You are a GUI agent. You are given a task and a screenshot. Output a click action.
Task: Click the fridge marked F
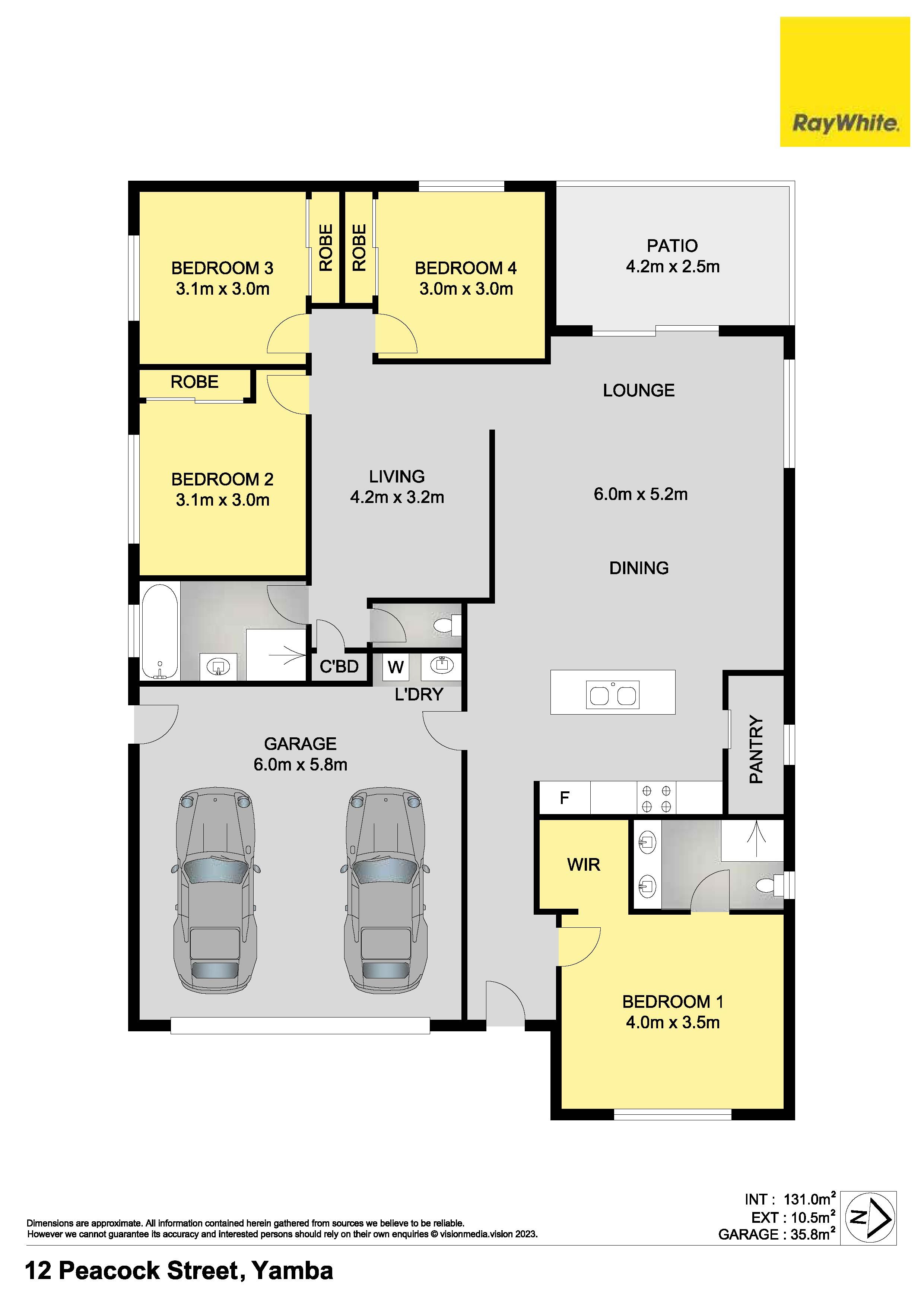pyautogui.click(x=564, y=798)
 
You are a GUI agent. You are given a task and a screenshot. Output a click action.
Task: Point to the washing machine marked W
pyautogui.click(x=396, y=667)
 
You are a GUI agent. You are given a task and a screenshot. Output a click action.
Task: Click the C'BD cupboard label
pyautogui.click(x=339, y=666)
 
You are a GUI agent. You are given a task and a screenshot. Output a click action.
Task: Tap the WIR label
pyautogui.click(x=584, y=865)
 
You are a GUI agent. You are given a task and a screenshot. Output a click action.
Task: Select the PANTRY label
pyautogui.click(x=756, y=749)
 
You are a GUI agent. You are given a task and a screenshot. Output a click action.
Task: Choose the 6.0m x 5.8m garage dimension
pyautogui.click(x=301, y=765)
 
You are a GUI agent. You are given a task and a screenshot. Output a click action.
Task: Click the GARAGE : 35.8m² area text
pyautogui.click(x=777, y=1234)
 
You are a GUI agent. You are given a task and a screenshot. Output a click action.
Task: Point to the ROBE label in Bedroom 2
pyautogui.click(x=194, y=382)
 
